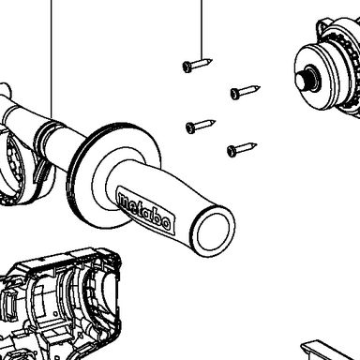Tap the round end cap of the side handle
[213, 232]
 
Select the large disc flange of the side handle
[113, 175]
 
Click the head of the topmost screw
[187, 67]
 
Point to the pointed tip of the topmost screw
[212, 60]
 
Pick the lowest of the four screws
[242, 150]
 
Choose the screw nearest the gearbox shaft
[246, 92]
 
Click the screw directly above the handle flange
[201, 127]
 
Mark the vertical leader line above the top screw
[202, 30]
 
